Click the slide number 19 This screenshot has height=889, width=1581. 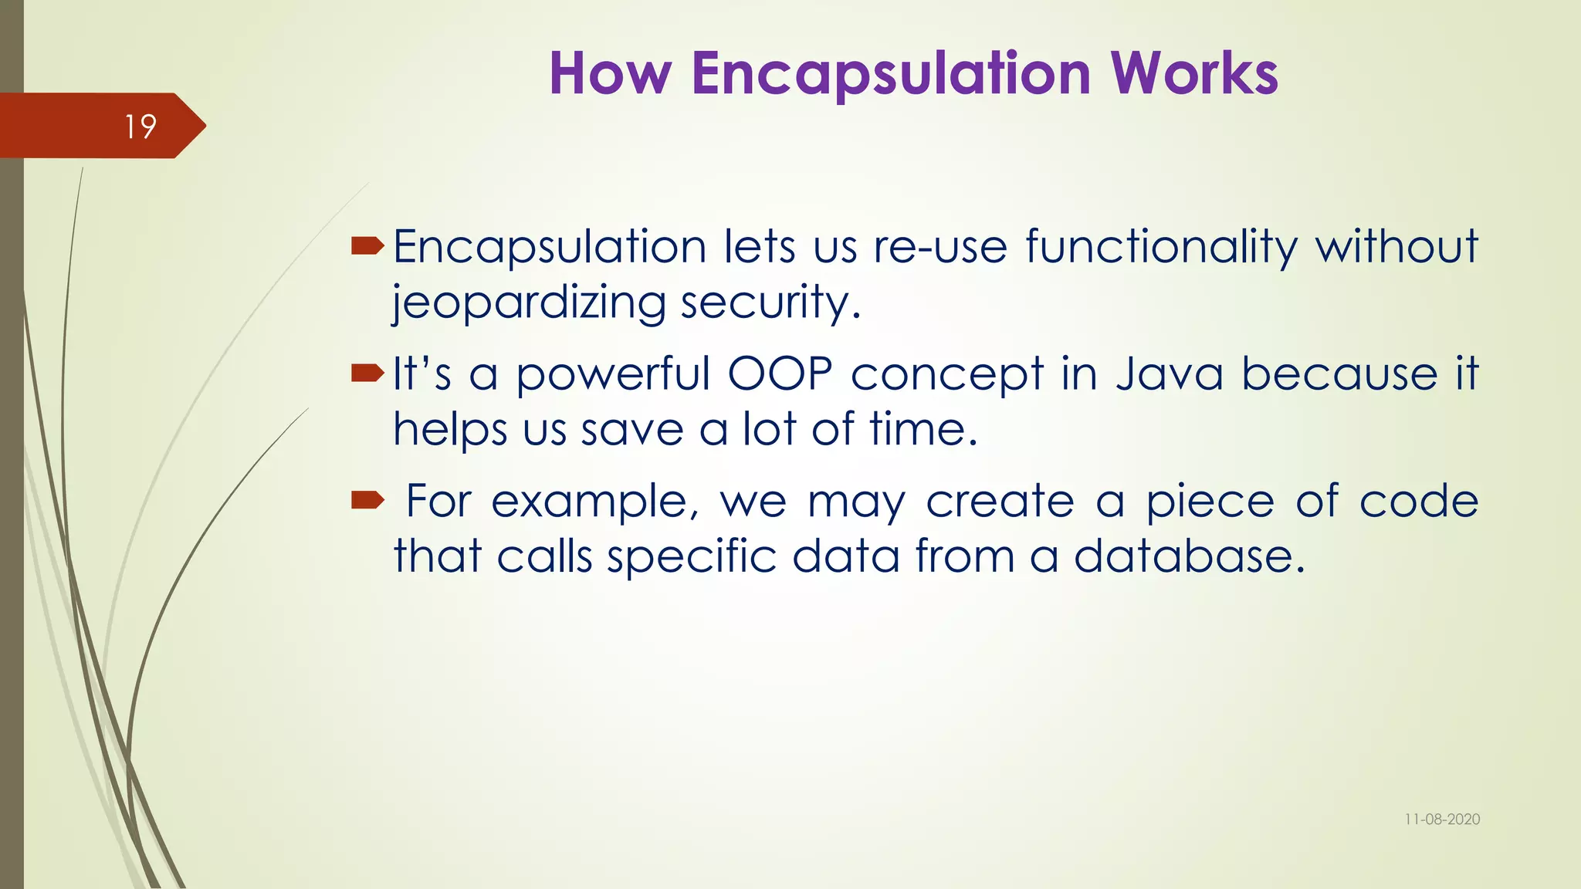click(140, 127)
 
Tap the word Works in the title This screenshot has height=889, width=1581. click(1194, 73)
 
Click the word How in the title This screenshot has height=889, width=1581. click(610, 73)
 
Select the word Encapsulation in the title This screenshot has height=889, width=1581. click(891, 73)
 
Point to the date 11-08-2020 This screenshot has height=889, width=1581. click(1442, 820)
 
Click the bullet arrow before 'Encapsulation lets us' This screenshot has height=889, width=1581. click(367, 246)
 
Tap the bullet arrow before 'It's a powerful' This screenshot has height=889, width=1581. click(367, 374)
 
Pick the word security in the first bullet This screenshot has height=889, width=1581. click(770, 303)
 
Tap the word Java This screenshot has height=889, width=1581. click(1170, 374)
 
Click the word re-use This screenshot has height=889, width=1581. click(940, 247)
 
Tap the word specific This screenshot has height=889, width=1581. click(692, 556)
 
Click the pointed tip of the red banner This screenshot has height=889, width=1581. click(205, 126)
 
